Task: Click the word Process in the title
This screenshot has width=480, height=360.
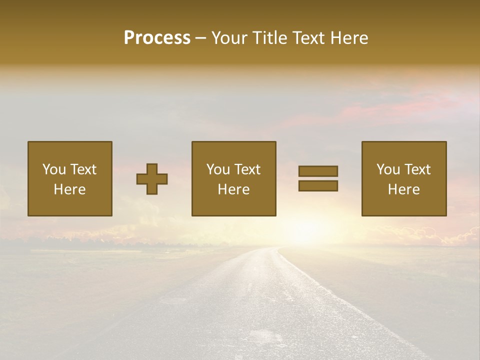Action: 157,38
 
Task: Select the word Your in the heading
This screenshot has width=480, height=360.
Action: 229,38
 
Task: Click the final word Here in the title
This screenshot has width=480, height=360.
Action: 350,38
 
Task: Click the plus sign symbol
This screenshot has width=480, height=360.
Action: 152,179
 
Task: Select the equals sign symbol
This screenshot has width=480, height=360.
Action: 318,178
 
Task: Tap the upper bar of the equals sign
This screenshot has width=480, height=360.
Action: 318,171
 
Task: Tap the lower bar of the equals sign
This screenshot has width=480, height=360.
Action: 318,186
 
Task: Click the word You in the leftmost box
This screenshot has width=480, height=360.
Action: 54,169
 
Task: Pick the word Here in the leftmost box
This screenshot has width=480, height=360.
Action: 69,189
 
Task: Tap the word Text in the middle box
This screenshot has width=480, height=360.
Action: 247,169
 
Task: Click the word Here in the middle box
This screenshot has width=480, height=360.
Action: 233,189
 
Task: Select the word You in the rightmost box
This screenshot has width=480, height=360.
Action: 388,169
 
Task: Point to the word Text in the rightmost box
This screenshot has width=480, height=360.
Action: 417,169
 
